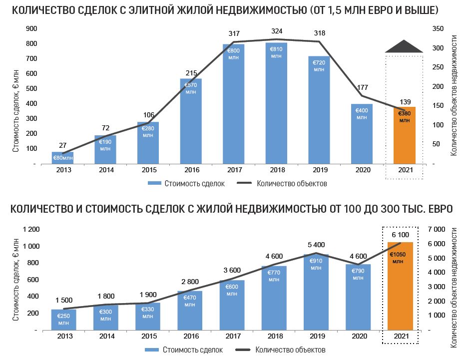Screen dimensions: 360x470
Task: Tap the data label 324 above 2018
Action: (276, 31)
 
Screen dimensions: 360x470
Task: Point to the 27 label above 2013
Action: (63, 145)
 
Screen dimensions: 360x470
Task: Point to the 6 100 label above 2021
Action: (400, 235)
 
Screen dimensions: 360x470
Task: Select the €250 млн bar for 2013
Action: (63, 320)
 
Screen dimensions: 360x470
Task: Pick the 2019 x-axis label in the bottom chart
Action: (316, 337)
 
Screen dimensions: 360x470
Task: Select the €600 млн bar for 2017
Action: (232, 307)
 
